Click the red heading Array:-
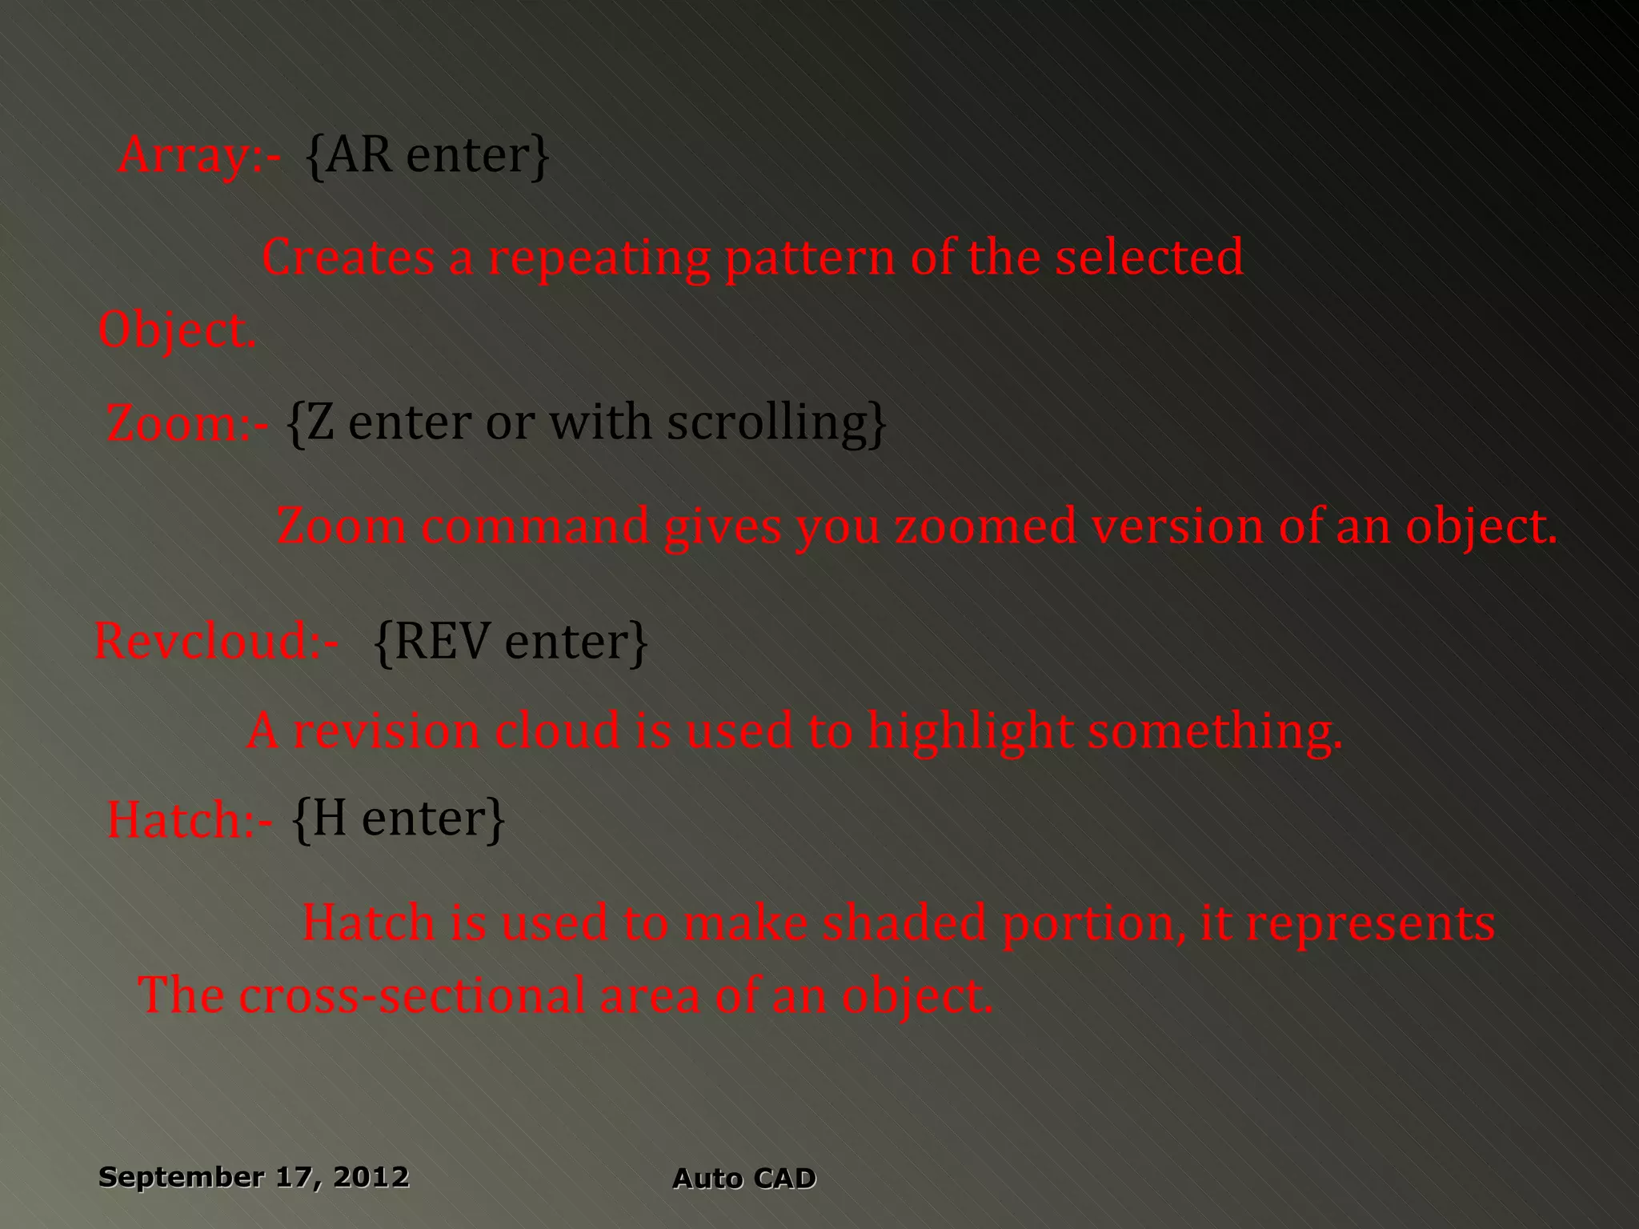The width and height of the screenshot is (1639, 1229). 199,155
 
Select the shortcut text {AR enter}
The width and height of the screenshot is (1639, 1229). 427,155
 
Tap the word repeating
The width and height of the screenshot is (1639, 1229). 599,258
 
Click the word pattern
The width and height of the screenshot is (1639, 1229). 810,258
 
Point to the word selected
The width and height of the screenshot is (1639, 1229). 1148,257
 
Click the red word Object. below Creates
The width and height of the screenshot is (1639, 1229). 177,330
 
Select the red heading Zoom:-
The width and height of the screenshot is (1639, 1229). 187,423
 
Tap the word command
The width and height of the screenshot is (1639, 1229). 535,527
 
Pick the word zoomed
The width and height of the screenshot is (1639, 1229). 986,527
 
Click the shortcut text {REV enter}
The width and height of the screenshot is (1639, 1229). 511,641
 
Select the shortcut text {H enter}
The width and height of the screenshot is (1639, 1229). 399,819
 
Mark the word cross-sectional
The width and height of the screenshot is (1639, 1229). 411,995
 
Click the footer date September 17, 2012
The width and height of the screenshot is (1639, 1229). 254,1177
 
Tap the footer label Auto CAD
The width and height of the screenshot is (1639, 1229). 743,1179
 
